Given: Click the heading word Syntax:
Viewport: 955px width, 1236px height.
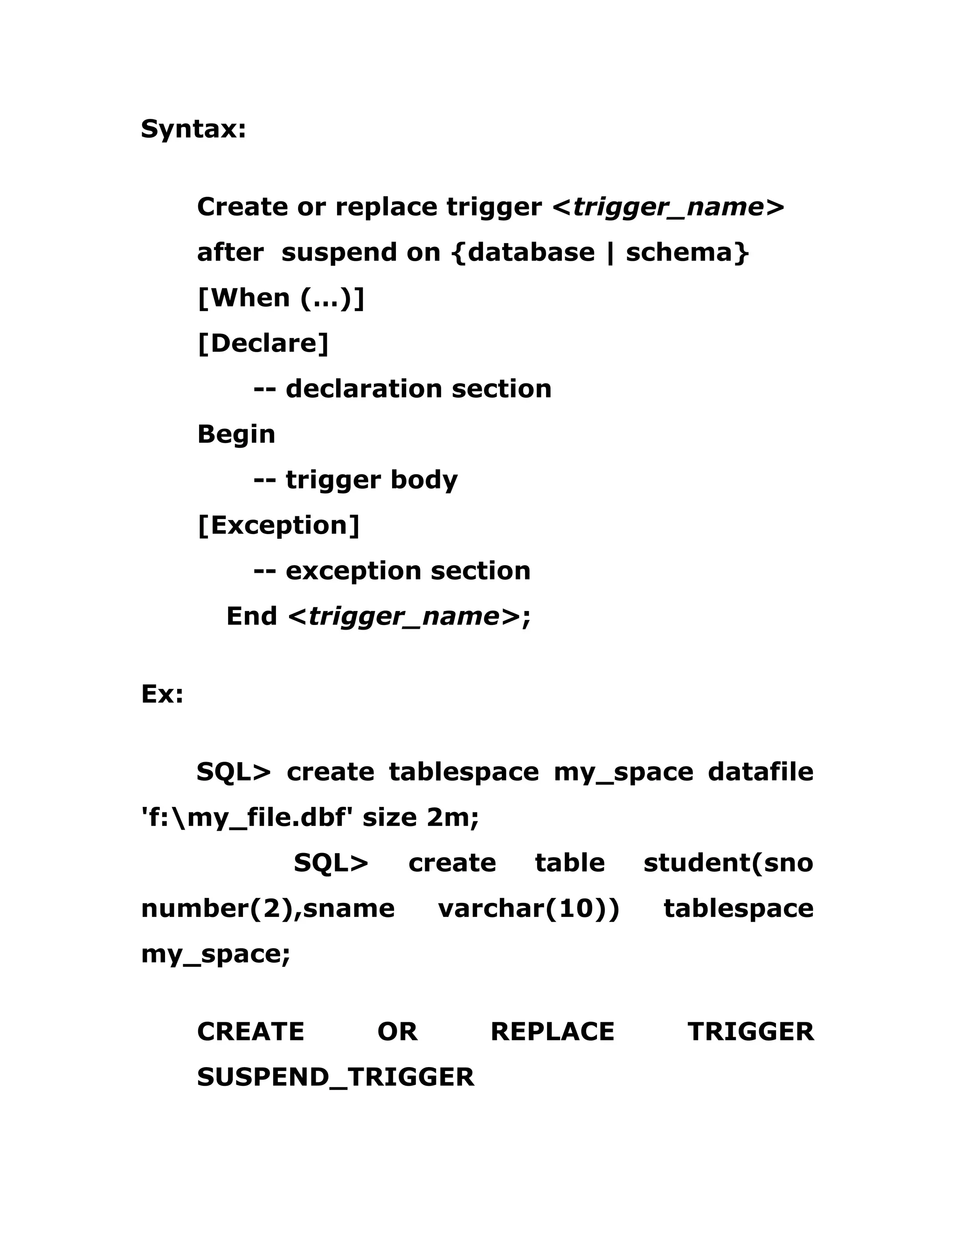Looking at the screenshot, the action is [x=194, y=130].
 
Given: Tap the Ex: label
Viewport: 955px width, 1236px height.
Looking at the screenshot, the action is [x=162, y=694].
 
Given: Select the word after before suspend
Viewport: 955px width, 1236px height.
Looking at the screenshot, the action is [x=230, y=252].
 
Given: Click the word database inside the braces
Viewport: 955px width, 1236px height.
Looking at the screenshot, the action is [x=531, y=252].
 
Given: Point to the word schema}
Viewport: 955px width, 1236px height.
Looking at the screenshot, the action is [x=687, y=252].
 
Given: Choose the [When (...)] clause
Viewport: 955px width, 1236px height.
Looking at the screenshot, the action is [x=281, y=298].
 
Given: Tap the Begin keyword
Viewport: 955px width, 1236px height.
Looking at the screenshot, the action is [x=236, y=435].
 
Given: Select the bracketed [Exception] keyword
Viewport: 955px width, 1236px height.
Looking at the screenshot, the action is [x=278, y=526].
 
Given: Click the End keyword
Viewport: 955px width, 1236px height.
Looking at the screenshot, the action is [x=252, y=616].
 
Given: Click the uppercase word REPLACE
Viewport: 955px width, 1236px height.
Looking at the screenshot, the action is [x=552, y=1031].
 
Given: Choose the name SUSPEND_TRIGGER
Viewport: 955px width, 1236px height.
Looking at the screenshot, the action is [x=335, y=1077].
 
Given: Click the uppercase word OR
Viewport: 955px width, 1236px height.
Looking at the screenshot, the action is [x=397, y=1031].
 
